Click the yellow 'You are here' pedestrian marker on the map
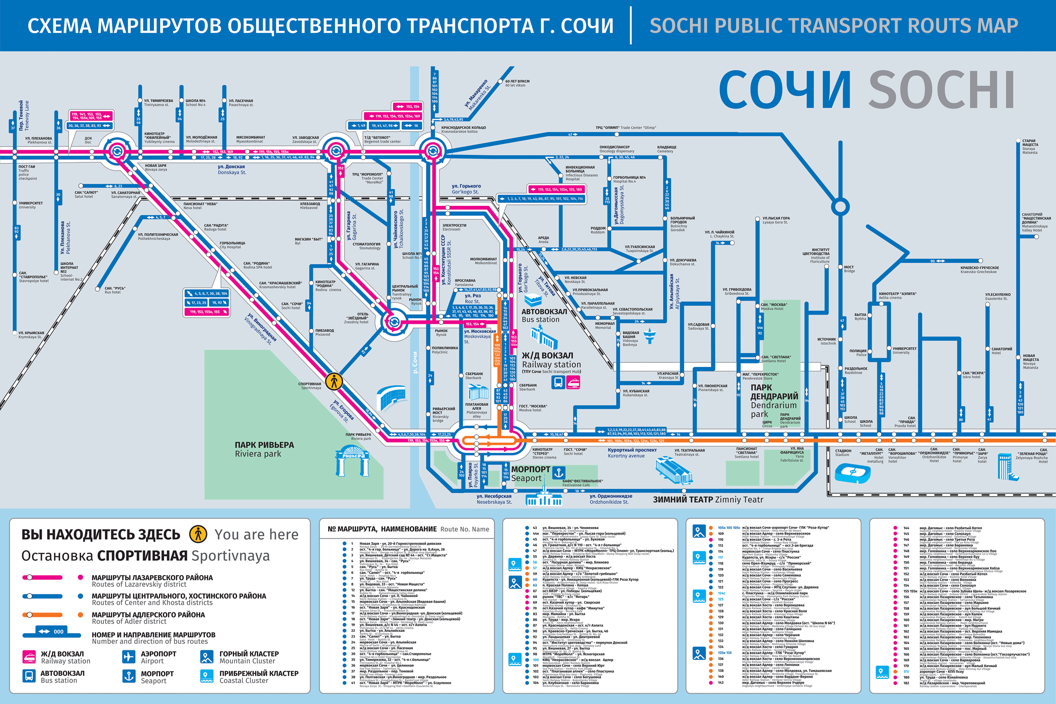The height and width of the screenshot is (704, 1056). [x=334, y=381]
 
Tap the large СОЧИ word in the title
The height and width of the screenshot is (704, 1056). [x=785, y=90]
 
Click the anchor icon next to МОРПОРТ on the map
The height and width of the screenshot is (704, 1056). [x=558, y=472]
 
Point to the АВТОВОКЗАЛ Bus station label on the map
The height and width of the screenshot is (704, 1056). [x=544, y=315]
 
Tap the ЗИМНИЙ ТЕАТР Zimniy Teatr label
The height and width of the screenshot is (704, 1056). [x=708, y=500]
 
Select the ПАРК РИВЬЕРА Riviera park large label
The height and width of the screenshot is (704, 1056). [x=264, y=449]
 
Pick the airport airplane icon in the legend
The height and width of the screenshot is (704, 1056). [x=128, y=657]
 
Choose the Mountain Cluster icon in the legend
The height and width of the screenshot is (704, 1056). [x=206, y=657]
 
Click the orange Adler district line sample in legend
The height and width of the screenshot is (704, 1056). [x=42, y=615]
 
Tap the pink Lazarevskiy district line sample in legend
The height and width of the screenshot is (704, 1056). [x=42, y=577]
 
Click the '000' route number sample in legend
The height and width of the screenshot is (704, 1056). [x=51, y=632]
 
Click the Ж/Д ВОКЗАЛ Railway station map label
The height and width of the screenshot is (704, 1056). [x=551, y=360]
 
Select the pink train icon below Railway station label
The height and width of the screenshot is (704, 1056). [x=573, y=382]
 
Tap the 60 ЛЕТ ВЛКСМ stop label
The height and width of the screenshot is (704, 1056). [x=517, y=83]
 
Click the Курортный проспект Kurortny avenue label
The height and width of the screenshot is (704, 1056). [x=632, y=453]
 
